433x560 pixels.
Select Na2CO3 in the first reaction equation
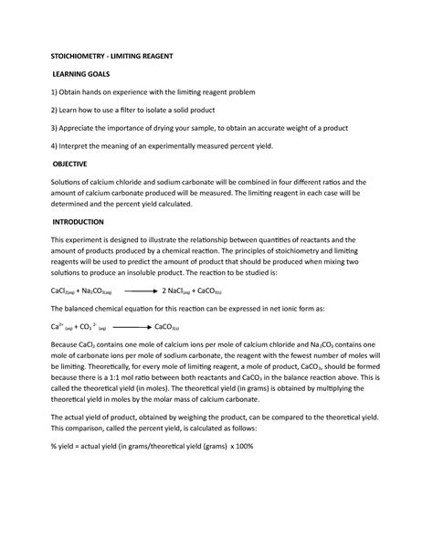point(99,291)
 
